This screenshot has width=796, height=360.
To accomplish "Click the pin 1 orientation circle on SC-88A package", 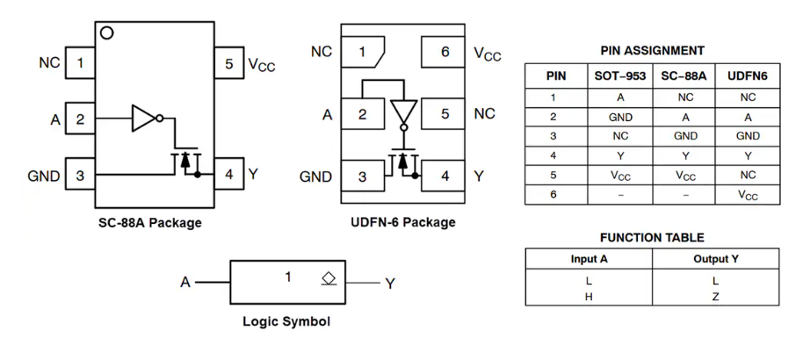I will [107, 33].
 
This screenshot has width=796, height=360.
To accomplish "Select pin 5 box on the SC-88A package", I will [228, 63].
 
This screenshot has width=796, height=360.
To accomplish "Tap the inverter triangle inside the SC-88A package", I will [143, 119].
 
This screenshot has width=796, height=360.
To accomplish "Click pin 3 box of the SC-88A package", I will [80, 176].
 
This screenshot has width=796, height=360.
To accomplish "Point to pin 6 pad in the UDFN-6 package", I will [444, 53].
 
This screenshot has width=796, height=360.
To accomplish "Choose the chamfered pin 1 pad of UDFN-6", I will [361, 53].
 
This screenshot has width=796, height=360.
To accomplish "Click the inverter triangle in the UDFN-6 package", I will [403, 112].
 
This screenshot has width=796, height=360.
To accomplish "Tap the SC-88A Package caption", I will [149, 223].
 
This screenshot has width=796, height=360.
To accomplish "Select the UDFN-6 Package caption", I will [402, 223].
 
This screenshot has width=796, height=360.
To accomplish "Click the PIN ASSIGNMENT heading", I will [652, 51].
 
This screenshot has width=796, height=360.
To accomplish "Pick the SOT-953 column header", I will [619, 76].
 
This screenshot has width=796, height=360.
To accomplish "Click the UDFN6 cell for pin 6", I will [748, 195].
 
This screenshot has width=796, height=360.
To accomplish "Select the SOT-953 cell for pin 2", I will [619, 117].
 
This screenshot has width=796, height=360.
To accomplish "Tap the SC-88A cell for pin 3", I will [685, 136].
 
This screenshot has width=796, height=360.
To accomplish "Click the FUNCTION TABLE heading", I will [652, 237].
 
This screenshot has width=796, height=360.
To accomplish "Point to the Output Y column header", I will [715, 259].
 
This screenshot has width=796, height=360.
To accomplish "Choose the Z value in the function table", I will [715, 296].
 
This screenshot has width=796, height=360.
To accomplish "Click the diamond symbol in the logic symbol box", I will [329, 278].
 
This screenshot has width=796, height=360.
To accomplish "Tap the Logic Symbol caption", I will [286, 321].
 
